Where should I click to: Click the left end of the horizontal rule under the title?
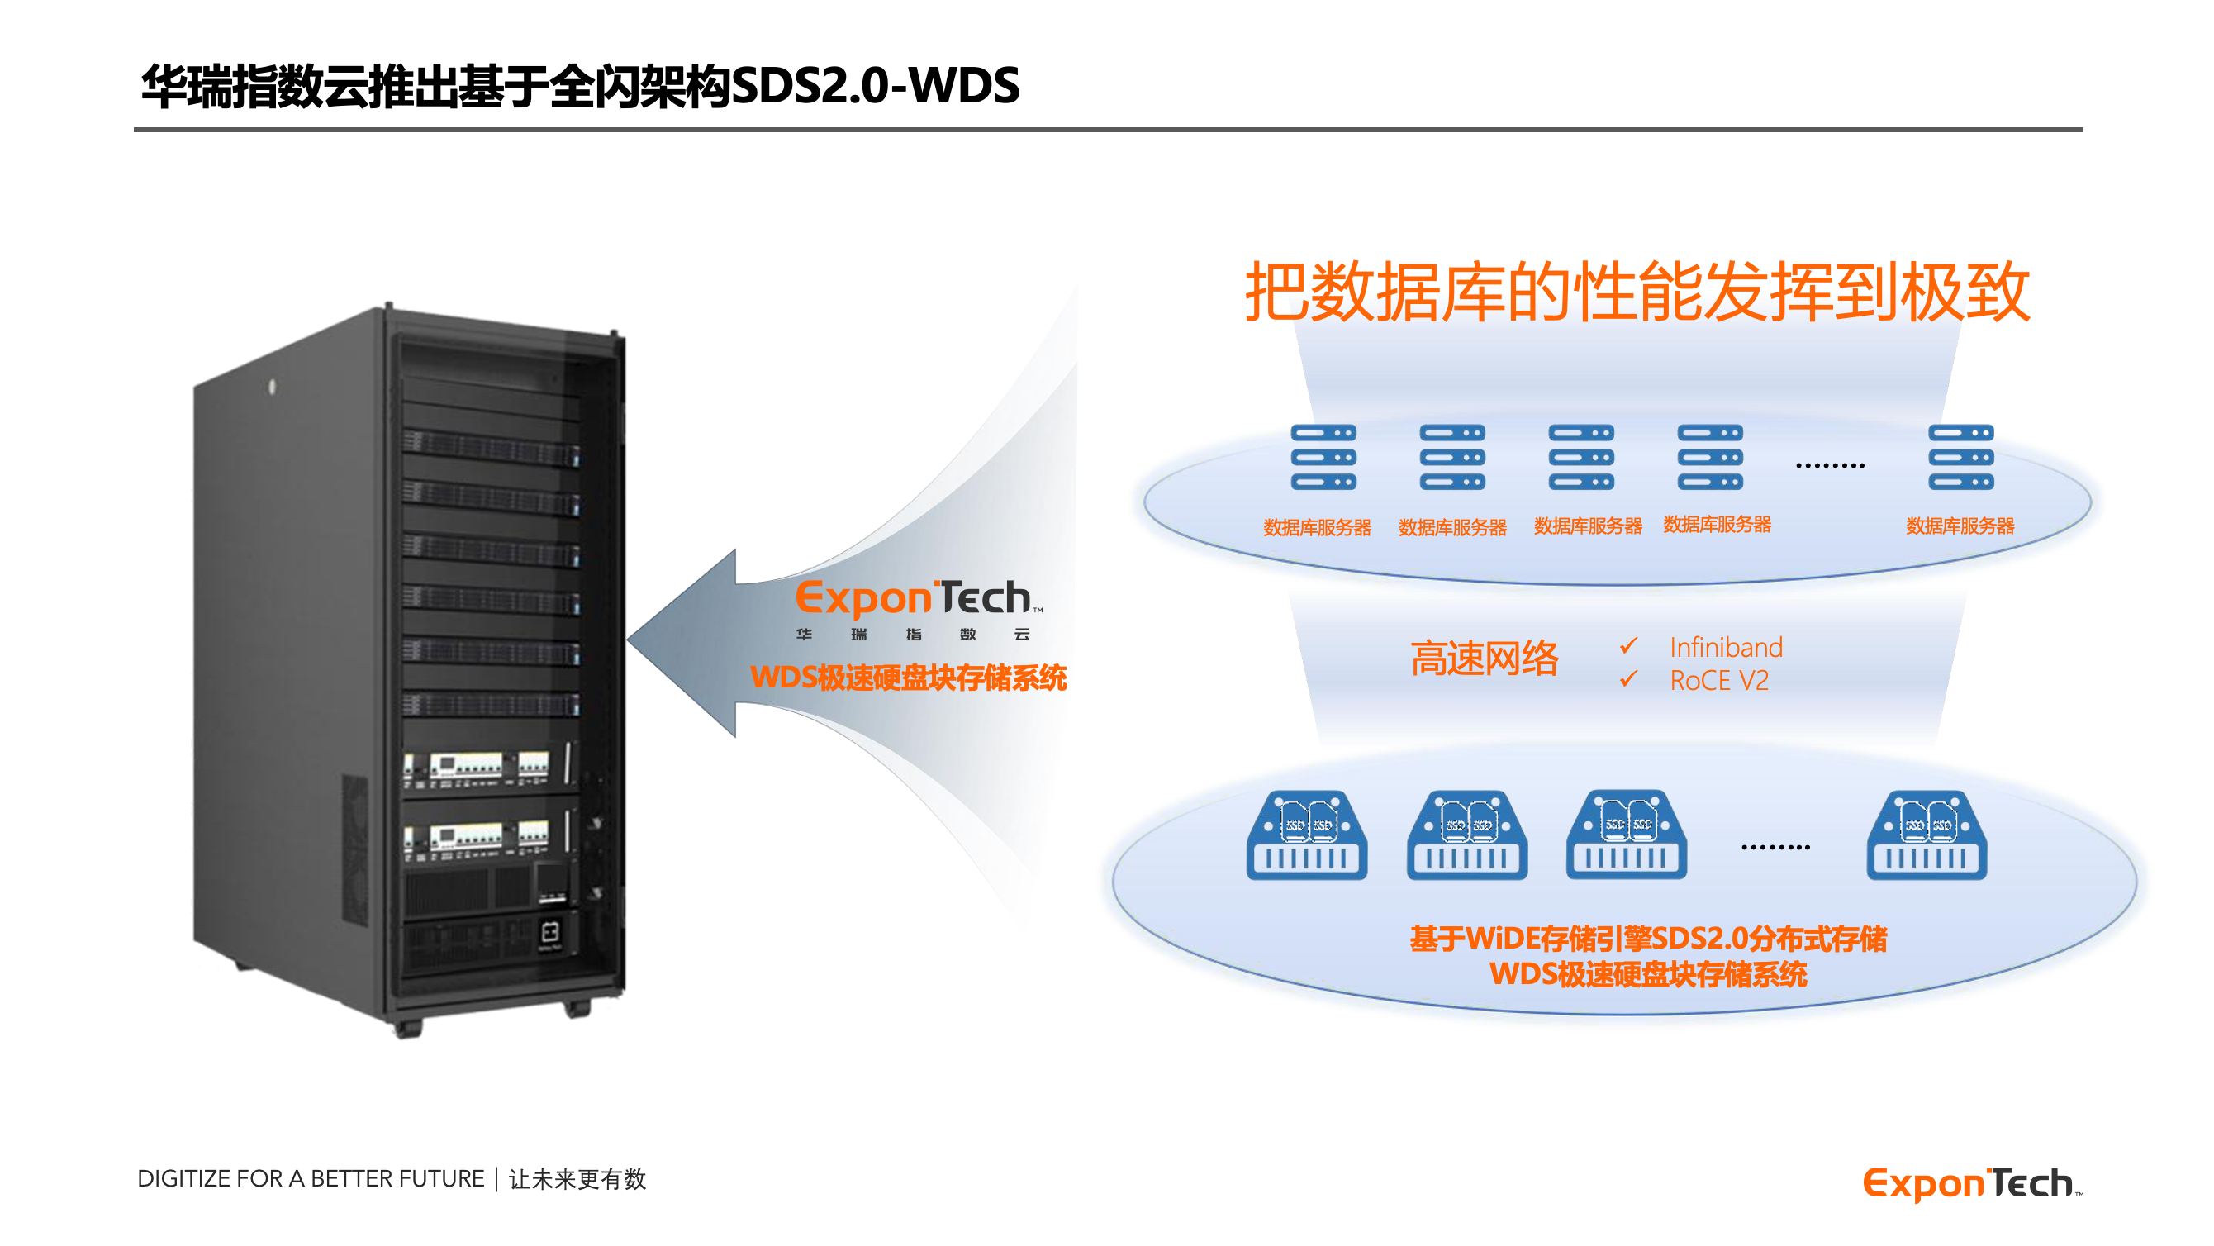point(134,130)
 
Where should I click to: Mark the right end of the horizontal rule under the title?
point(2083,130)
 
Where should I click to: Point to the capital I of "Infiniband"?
point(1674,648)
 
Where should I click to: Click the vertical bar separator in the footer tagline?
point(496,1179)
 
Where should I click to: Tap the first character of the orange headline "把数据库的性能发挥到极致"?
point(1278,292)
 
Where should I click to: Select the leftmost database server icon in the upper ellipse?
point(1323,458)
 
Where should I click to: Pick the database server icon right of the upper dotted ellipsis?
point(1961,458)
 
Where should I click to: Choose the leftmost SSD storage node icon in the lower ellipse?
point(1307,835)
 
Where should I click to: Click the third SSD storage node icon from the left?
point(1627,835)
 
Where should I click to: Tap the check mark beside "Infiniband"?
point(1629,645)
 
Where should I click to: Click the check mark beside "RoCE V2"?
point(1629,678)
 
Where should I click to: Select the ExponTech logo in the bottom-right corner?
point(1974,1184)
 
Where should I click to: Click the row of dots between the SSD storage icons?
point(1775,848)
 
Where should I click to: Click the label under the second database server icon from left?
point(1452,527)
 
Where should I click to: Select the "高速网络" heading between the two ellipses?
point(1485,659)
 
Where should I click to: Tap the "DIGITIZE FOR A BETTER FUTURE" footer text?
point(311,1179)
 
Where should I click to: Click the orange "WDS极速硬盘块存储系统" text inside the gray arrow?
point(909,678)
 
